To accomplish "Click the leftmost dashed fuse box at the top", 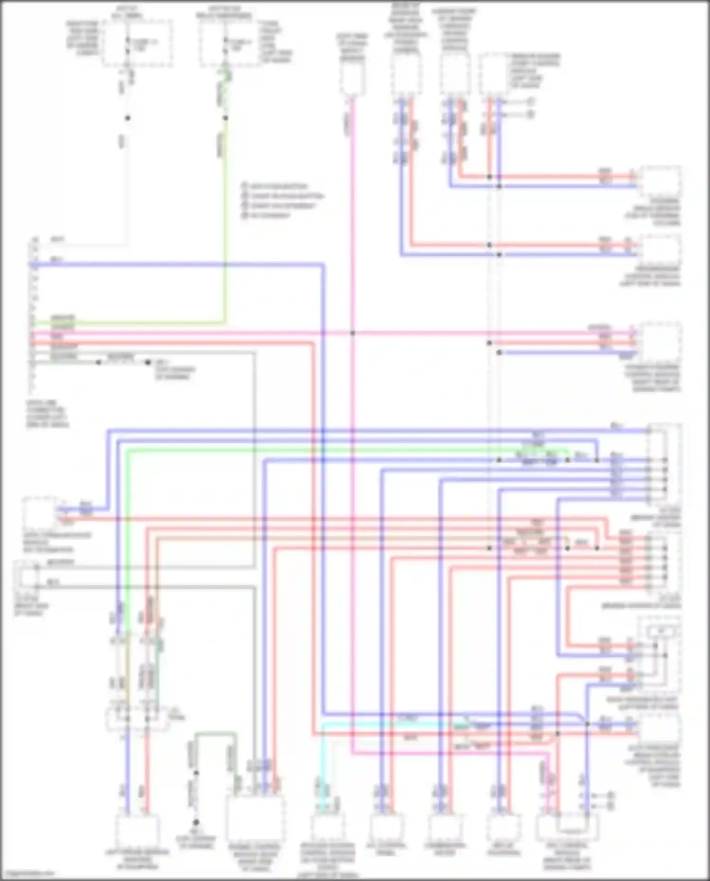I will click(x=138, y=44).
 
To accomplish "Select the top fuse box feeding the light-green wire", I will click(x=226, y=44).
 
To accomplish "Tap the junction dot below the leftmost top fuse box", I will click(x=127, y=118).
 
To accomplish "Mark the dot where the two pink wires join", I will click(x=352, y=333).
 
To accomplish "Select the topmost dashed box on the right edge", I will click(x=660, y=182).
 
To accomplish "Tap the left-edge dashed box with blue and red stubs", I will click(x=40, y=514).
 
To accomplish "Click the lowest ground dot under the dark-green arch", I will click(x=196, y=822).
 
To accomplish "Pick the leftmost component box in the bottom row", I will click(x=138, y=832).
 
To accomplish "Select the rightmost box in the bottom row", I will click(x=567, y=827).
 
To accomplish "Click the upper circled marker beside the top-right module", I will click(x=532, y=102).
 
